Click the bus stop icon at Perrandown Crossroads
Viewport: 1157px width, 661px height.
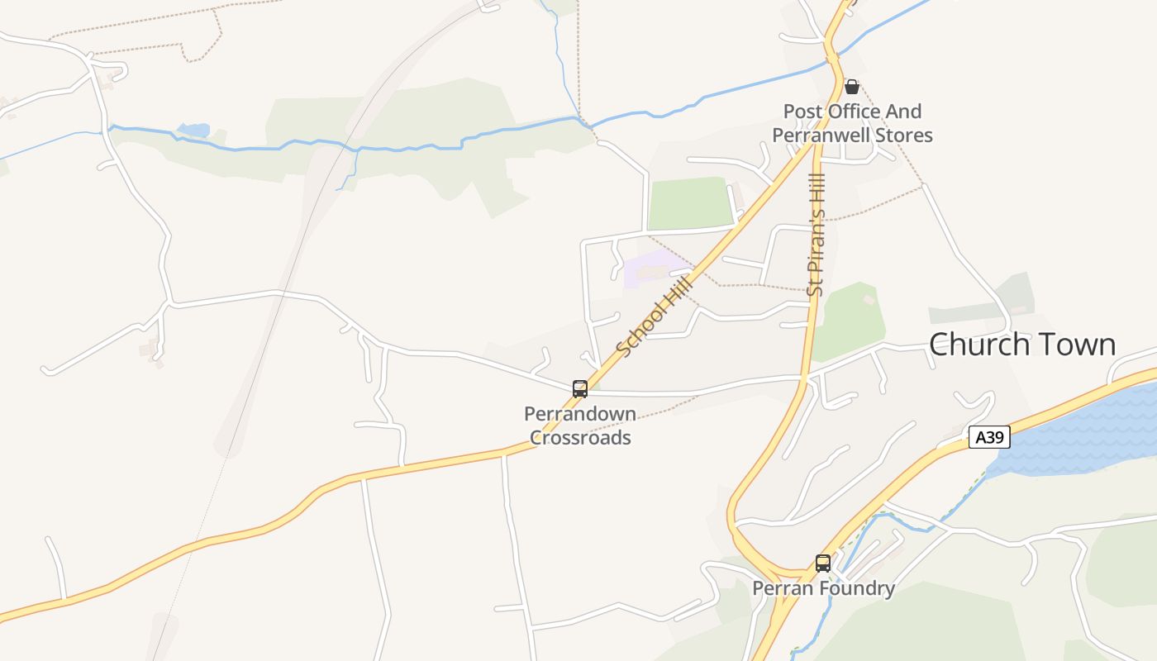tap(580, 388)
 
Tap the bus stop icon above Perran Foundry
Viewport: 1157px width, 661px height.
tap(823, 563)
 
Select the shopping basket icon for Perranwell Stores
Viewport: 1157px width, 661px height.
tap(852, 87)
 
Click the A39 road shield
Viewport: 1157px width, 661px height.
tap(989, 437)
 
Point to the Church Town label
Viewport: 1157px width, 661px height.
tap(1022, 345)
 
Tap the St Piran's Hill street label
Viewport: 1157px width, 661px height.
tap(817, 234)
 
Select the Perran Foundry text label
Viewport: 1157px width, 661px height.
tap(823, 588)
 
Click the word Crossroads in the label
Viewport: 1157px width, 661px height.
tap(580, 438)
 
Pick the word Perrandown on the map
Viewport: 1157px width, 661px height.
tap(580, 414)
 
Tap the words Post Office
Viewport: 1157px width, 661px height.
tap(830, 112)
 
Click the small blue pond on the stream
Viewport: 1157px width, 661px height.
tap(194, 131)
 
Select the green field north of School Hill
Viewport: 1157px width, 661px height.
tap(688, 203)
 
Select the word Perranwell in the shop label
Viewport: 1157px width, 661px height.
tap(821, 136)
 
